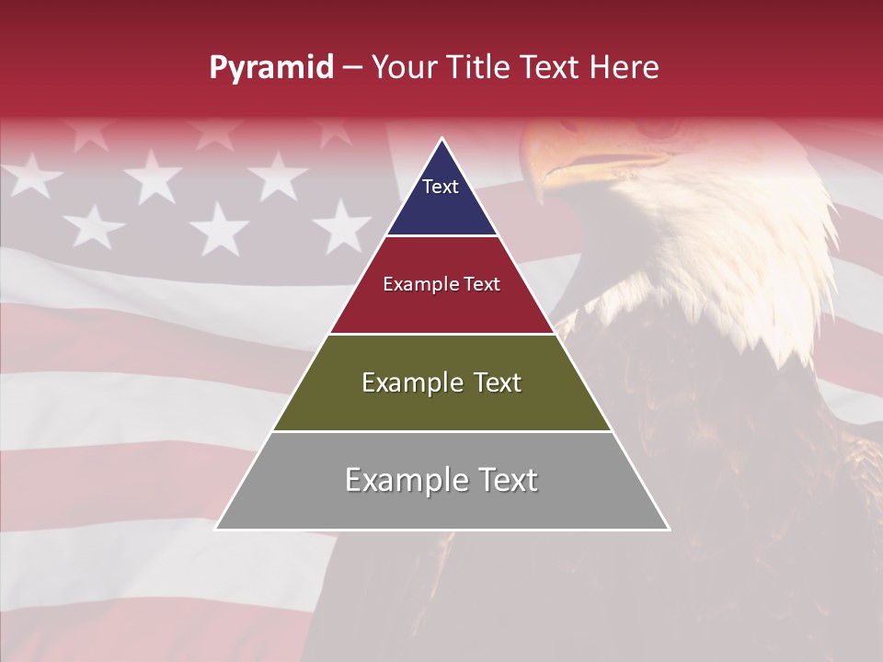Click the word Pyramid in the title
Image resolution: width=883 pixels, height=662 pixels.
(x=271, y=68)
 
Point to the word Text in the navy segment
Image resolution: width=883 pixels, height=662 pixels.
(x=441, y=187)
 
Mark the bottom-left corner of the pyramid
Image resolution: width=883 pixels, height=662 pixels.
(x=216, y=529)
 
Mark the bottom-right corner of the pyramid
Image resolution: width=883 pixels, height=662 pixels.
(x=669, y=529)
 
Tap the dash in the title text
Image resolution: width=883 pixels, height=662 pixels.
(x=352, y=68)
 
